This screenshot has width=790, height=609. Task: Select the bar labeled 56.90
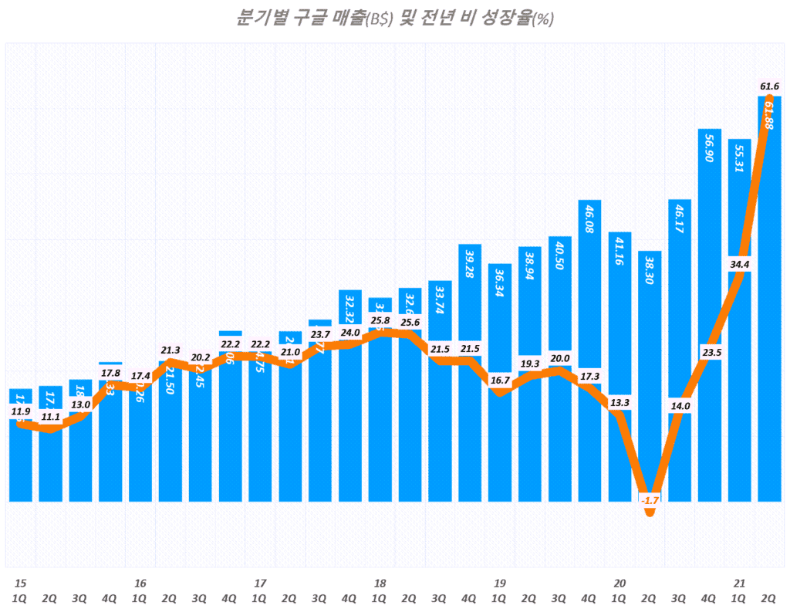point(710,309)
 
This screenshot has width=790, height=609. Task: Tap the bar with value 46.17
point(680,347)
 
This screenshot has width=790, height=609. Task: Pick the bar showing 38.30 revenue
point(650,370)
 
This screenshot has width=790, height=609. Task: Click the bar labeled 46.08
point(589,347)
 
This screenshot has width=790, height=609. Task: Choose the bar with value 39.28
point(470,370)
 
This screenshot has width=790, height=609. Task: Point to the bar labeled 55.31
point(739,316)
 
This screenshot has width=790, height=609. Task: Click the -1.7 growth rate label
point(650,500)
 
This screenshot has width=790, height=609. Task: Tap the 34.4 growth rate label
point(739,265)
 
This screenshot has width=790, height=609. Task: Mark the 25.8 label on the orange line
point(380,320)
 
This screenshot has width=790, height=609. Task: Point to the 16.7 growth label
point(500,380)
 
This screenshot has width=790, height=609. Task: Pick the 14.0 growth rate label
point(680,406)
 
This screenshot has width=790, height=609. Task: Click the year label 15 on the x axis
point(20,583)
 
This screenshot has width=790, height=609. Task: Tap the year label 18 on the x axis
point(380,583)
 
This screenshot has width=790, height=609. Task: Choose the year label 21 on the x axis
point(739,583)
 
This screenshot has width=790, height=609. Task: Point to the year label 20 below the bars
point(620,583)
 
